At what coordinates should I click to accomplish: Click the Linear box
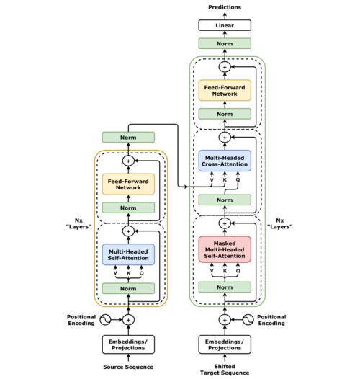coord(225,25)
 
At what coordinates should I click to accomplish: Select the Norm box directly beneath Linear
coord(225,44)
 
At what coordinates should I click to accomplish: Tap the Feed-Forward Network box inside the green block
coord(225,90)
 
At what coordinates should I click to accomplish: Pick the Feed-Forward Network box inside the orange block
coord(128,184)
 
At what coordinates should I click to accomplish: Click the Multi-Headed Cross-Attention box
coord(225,161)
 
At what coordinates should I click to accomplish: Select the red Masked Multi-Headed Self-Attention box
coord(225,249)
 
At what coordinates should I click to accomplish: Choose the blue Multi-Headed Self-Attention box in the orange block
coord(128,254)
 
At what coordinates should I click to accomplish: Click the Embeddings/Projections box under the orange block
coord(128,344)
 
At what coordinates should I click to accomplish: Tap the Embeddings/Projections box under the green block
coord(225,344)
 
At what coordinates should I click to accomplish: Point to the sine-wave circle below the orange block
coord(105,320)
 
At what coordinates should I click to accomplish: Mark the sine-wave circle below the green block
coord(248,320)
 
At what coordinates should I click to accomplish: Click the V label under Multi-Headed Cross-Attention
coord(211,180)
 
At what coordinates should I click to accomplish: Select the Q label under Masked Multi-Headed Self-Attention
coord(238,271)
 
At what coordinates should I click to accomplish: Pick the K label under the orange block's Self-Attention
coord(128,273)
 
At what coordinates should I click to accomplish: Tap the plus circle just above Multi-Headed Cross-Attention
coord(225,137)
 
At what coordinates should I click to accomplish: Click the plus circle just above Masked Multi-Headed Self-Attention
coord(225,223)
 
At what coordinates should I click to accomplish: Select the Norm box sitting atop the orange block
coord(128,137)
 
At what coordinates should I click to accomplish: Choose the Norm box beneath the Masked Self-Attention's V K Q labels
coord(225,287)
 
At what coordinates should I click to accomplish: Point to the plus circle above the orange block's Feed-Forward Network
coord(128,161)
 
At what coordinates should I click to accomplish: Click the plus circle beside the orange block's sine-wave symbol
coord(128,320)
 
